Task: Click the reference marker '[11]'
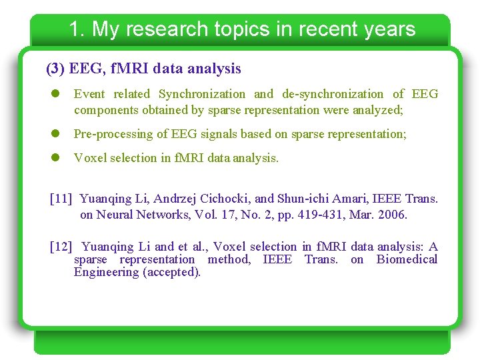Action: click(61, 198)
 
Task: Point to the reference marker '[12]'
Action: click(61, 247)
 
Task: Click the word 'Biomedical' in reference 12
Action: click(407, 259)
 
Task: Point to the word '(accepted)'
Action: click(171, 272)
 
